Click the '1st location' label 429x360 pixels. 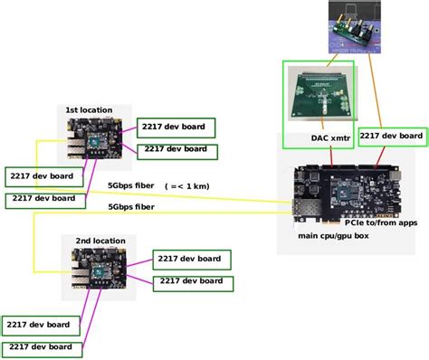(x=89, y=109)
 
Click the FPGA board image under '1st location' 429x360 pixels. (x=95, y=140)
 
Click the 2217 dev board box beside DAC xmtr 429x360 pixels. (x=391, y=136)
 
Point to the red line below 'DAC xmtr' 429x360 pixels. (x=332, y=156)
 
